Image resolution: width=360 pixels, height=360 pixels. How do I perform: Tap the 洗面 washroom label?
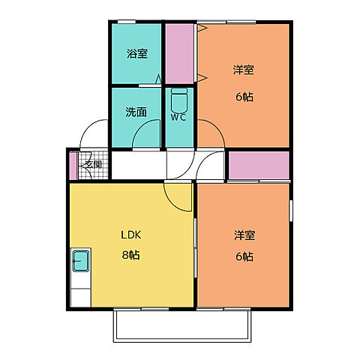(x=136, y=112)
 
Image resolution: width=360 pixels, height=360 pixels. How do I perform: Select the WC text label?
(x=178, y=117)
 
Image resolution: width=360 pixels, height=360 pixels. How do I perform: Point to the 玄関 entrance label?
(x=93, y=165)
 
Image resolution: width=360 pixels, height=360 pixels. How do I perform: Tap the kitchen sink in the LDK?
(x=80, y=262)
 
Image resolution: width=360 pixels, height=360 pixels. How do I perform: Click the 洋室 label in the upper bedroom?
(x=243, y=70)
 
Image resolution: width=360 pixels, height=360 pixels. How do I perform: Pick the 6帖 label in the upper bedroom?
(x=243, y=96)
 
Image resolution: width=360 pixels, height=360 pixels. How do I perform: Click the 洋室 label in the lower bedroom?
(x=243, y=235)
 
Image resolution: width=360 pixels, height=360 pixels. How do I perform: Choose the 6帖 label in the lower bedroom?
(x=243, y=256)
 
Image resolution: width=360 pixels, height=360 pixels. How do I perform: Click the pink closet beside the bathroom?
(x=179, y=54)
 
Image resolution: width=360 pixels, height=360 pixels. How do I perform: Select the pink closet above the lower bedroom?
(x=258, y=166)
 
